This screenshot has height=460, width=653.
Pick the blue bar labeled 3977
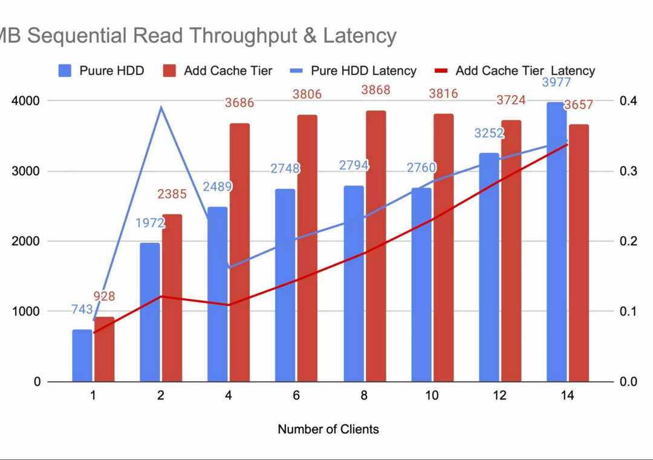pyautogui.click(x=556, y=242)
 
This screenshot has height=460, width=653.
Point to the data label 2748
pyautogui.click(x=285, y=169)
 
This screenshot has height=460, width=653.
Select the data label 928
pyautogui.click(x=104, y=297)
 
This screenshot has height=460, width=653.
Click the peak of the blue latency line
pyautogui.click(x=161, y=107)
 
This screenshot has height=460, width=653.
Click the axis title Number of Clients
pyautogui.click(x=328, y=429)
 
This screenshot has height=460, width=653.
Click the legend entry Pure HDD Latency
pyautogui.click(x=363, y=71)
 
